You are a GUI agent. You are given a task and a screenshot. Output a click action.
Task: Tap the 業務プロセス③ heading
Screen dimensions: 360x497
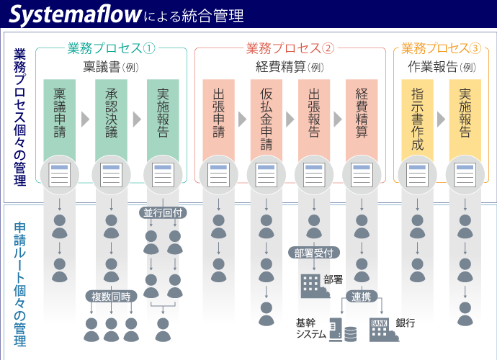441,48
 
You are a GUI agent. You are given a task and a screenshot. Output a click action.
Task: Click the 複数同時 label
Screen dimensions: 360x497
111,297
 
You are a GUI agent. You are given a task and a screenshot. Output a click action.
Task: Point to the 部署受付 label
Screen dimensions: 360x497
314,253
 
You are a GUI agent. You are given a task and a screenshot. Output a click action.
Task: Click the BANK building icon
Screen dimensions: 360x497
379,328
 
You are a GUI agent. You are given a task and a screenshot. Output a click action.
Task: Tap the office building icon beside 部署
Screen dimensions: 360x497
310,284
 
